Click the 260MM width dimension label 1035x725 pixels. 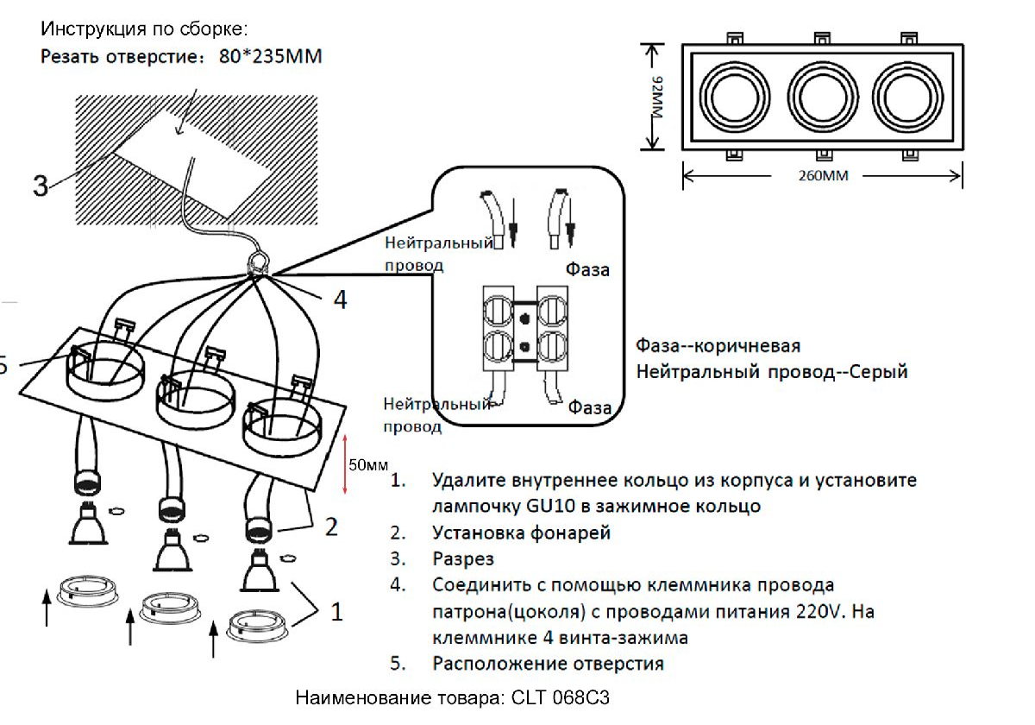pos(823,176)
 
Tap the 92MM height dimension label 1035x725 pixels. pos(658,97)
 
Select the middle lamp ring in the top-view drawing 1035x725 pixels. pos(822,95)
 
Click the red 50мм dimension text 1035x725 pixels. pos(368,465)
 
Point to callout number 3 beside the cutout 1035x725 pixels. pos(41,186)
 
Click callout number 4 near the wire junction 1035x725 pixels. pos(341,299)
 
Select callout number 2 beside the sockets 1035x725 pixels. pos(331,526)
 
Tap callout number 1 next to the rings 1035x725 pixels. pos(336,612)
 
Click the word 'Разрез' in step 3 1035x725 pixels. pos(463,559)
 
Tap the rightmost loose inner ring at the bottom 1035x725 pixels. pos(256,623)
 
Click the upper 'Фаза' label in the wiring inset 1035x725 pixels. pos(587,269)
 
